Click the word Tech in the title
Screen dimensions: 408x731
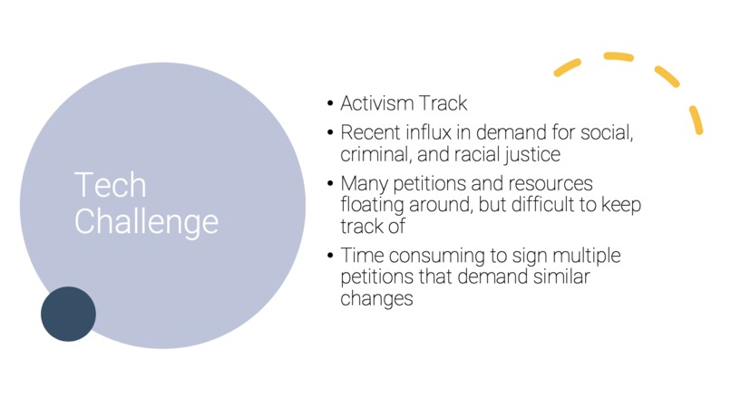click(110, 185)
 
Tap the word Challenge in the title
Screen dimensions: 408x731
click(146, 221)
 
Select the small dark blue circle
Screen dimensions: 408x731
click(68, 314)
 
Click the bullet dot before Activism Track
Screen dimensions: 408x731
click(331, 103)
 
